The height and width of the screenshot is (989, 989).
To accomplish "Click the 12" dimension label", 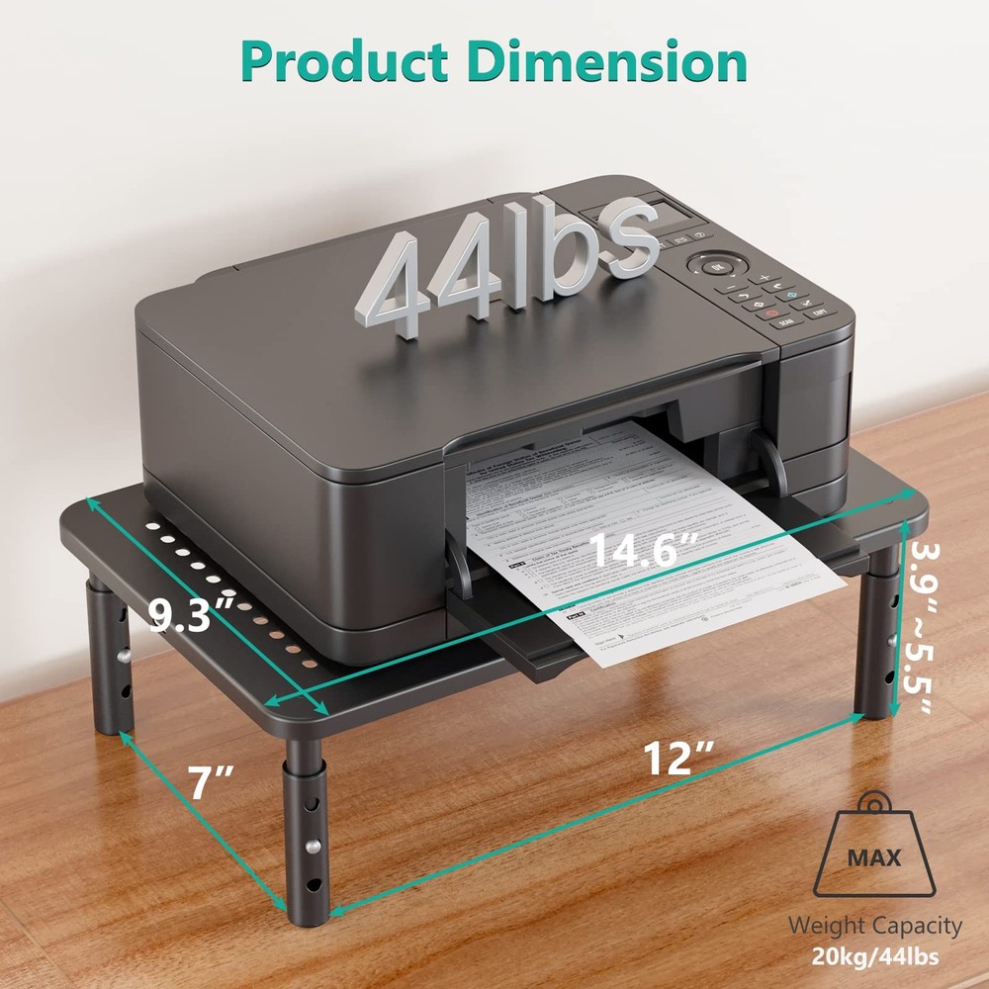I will point(679,759).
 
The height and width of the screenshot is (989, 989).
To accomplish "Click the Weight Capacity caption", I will point(874,926).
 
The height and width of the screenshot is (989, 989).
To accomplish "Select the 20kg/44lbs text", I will point(874,957).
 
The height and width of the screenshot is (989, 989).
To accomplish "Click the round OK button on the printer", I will point(716,266).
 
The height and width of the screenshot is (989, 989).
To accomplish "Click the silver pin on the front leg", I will point(314,846).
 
